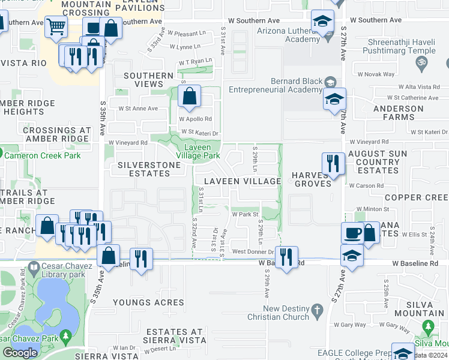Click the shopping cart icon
point(56,26)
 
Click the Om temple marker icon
point(421,61)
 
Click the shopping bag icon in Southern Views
point(189,97)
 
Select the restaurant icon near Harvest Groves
point(333,163)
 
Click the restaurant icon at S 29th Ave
point(286,257)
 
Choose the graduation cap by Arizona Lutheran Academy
point(322,21)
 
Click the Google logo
point(20,352)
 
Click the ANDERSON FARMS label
point(398,113)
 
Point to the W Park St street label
point(245,214)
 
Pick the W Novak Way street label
point(380,74)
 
